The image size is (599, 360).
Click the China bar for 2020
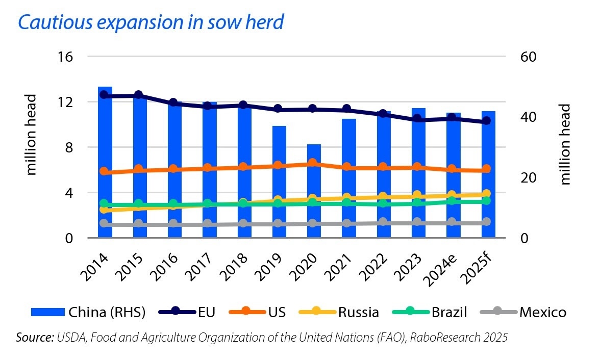point(314,191)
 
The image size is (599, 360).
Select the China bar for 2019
point(279,181)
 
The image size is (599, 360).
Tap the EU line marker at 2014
point(104,95)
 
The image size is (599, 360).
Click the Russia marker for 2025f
point(486,194)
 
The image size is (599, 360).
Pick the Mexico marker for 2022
point(383,222)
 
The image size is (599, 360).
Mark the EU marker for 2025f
point(486,121)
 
